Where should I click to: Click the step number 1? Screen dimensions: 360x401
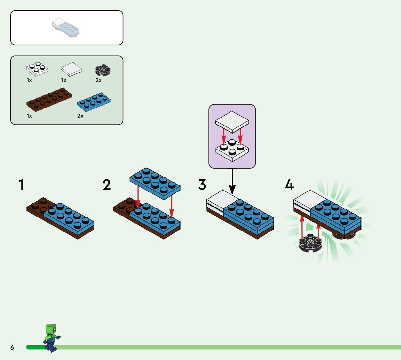[x=22, y=185]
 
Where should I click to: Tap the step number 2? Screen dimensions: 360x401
[x=107, y=185]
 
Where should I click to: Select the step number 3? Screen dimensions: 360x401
[x=202, y=185]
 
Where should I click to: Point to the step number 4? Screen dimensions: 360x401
[x=289, y=185]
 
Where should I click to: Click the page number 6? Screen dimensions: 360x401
[x=12, y=348]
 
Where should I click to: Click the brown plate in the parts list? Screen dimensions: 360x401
[x=49, y=99]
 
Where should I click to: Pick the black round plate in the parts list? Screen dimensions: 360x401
[x=102, y=70]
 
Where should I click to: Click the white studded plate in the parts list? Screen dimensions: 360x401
[x=37, y=69]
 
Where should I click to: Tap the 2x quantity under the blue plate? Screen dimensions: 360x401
[x=80, y=116]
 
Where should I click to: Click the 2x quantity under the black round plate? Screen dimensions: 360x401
[x=98, y=80]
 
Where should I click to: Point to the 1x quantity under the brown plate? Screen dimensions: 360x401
[x=29, y=116]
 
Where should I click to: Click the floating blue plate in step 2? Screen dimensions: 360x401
[x=155, y=183]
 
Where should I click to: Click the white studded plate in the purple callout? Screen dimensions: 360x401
[x=232, y=150]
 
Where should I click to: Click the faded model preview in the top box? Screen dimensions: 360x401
[x=66, y=28]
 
